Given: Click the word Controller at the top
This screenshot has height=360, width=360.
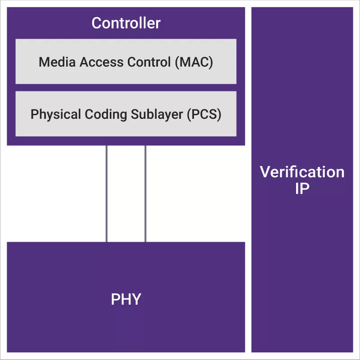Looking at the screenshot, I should point(126,23).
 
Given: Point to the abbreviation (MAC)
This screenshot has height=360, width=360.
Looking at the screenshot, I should point(194,62).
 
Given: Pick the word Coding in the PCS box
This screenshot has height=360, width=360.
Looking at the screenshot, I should point(97,114).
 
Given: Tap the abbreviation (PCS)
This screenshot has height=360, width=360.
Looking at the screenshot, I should point(204,114).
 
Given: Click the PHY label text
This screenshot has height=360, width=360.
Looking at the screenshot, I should point(126,299).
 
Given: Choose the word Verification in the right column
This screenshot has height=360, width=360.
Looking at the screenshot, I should point(302,172).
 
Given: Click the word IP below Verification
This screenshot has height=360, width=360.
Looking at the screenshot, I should point(302,189).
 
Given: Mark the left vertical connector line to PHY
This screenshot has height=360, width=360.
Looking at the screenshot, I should point(107,193).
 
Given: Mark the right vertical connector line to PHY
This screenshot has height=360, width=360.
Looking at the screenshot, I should point(145,193).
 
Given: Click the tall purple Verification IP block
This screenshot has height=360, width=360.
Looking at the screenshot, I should point(302,270).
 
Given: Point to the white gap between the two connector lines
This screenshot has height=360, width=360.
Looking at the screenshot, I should point(126,193).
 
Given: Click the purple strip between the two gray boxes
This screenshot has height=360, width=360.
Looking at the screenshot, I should point(126,88).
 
